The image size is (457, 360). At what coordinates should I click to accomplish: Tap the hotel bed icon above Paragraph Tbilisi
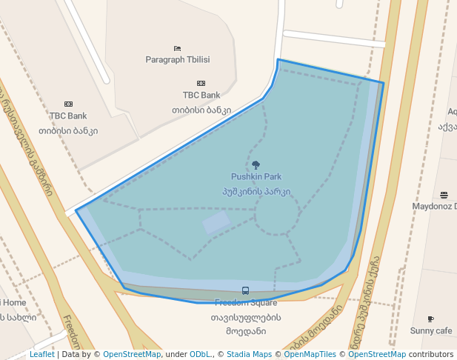178,48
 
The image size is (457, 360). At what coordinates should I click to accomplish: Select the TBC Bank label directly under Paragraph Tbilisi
201,95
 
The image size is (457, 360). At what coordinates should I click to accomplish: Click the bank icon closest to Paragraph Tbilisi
201,83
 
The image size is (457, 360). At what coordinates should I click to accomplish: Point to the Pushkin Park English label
256,177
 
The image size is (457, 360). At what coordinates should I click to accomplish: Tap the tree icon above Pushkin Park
256,165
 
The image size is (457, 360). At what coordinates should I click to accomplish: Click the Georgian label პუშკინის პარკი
256,191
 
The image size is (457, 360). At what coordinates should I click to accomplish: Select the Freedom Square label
245,302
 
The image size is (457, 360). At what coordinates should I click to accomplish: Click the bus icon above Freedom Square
245,290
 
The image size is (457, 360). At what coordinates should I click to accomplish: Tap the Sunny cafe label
431,330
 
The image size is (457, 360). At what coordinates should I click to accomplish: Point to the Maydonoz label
436,206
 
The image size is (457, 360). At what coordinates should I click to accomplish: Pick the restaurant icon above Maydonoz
444,195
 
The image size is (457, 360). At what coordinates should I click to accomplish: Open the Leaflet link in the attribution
41,354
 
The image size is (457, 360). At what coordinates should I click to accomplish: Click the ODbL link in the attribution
200,354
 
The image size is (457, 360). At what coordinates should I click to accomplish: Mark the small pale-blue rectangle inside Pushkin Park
217,221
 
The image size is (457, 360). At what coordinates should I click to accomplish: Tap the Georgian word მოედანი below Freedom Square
245,331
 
